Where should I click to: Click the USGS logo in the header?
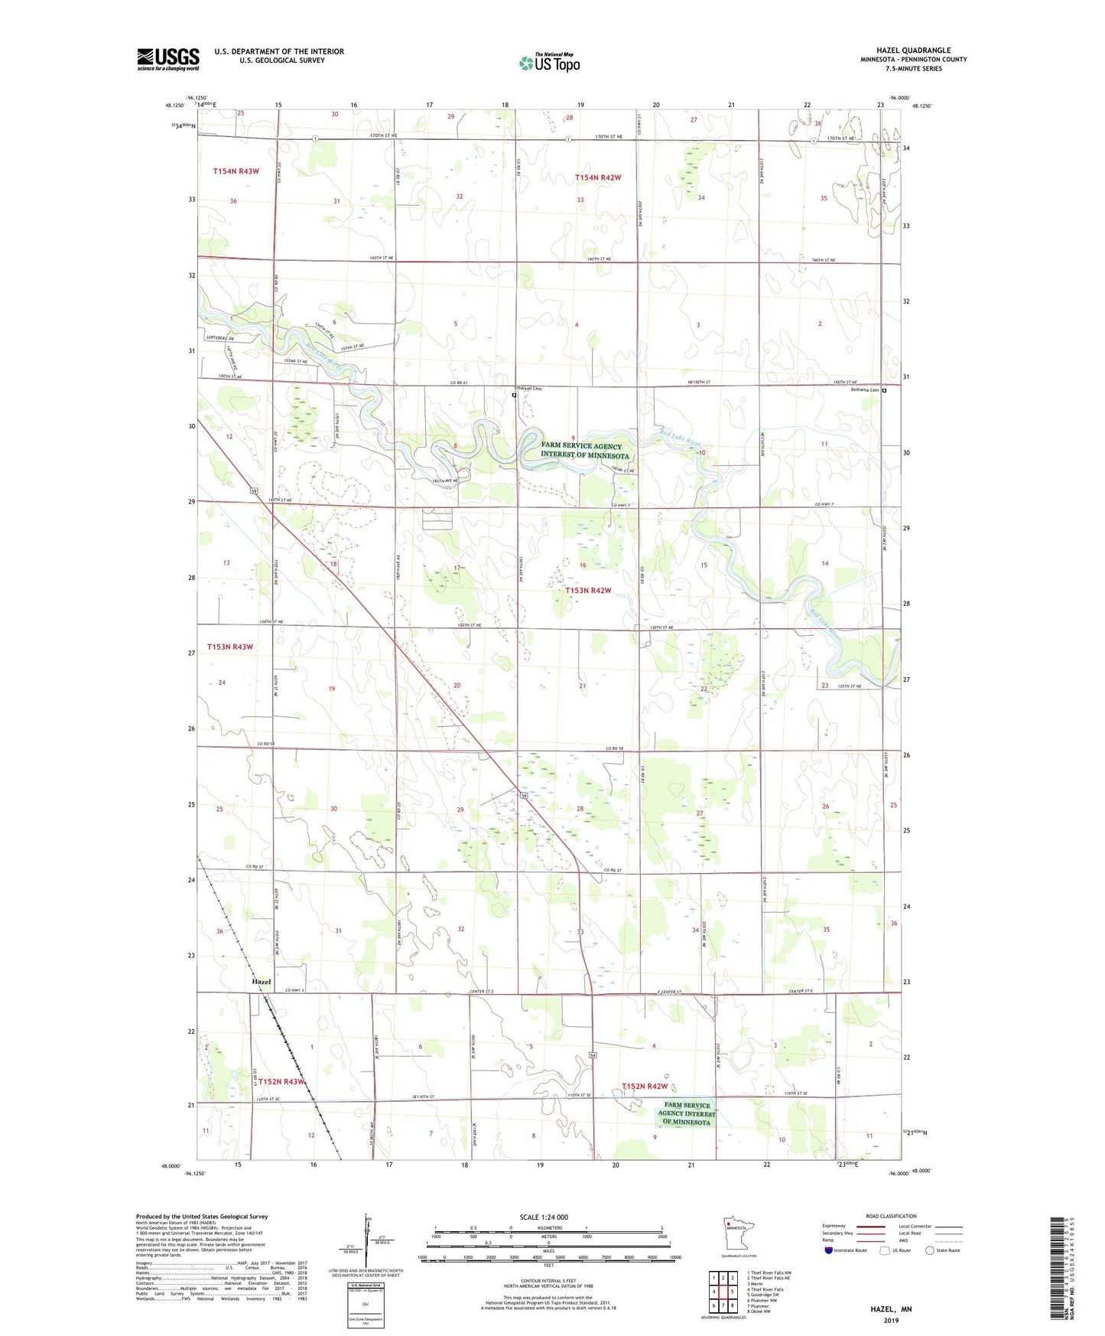click(x=168, y=59)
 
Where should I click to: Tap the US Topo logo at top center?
click(x=549, y=63)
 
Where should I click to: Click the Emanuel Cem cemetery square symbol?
click(x=515, y=396)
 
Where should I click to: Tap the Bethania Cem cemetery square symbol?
click(x=884, y=390)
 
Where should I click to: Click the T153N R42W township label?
click(x=588, y=591)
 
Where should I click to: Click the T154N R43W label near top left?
click(x=236, y=171)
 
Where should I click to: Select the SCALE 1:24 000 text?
click(x=544, y=1217)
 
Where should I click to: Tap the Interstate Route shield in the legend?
click(x=829, y=1250)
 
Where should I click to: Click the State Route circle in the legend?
click(x=929, y=1250)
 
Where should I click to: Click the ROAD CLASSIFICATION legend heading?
click(x=891, y=1217)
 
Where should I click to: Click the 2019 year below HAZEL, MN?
click(x=891, y=1321)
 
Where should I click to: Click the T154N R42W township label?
click(x=597, y=178)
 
